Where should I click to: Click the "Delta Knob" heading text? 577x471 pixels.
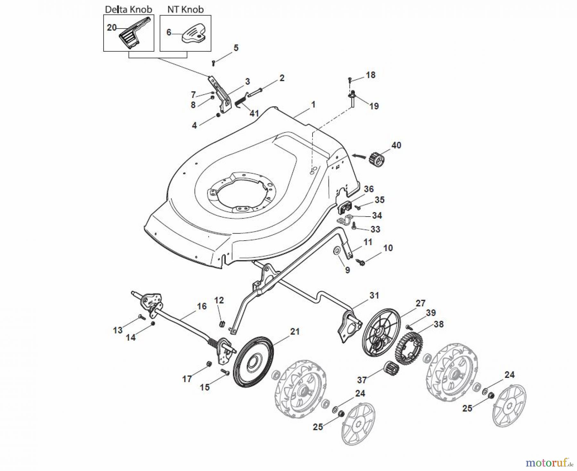pyautogui.click(x=129, y=9)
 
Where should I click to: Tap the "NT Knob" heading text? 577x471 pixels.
pyautogui.click(x=185, y=9)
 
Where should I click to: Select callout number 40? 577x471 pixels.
pyautogui.click(x=396, y=145)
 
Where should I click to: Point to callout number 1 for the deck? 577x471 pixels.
pyautogui.click(x=313, y=105)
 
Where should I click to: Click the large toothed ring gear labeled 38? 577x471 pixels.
pyautogui.click(x=410, y=348)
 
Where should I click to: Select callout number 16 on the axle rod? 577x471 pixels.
pyautogui.click(x=202, y=306)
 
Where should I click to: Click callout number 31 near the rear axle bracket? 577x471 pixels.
pyautogui.click(x=374, y=295)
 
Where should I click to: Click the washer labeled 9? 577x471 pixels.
pyautogui.click(x=337, y=250)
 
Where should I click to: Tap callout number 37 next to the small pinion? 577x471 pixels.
pyautogui.click(x=362, y=380)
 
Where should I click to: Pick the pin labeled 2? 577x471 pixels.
pyautogui.click(x=255, y=92)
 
